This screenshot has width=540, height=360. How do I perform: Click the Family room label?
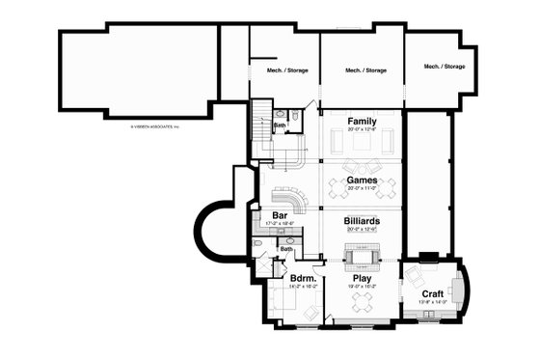(x=362, y=122)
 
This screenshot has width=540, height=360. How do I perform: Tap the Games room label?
(x=362, y=180)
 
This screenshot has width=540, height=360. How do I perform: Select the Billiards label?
(x=362, y=221)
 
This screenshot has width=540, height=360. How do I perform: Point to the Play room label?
(x=362, y=278)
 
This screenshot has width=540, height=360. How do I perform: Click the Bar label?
(x=280, y=215)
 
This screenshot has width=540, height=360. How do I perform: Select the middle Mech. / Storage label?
(x=365, y=69)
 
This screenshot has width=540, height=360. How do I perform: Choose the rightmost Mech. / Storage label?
(x=444, y=67)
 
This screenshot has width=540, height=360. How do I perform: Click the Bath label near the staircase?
(x=279, y=125)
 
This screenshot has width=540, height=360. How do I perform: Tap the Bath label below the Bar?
(x=286, y=249)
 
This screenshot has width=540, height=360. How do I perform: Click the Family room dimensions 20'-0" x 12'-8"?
(x=362, y=130)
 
